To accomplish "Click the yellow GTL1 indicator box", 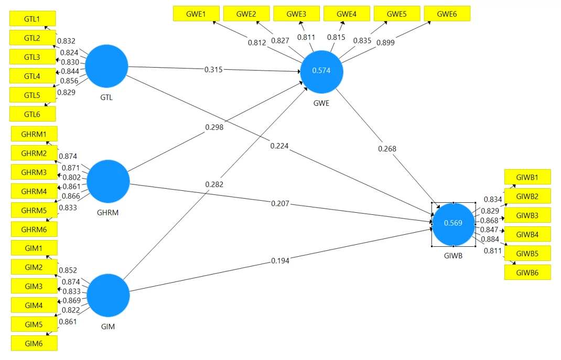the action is tap(33, 18).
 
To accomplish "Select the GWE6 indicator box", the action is tap(447, 14).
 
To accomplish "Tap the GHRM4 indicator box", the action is tap(34, 191).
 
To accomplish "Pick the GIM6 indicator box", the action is tap(34, 344).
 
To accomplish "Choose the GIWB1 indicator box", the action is tap(527, 177).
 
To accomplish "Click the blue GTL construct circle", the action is tap(106, 66).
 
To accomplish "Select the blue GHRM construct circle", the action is tap(108, 181).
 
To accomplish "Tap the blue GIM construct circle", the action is tap(108, 296).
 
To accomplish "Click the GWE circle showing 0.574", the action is tap(321, 72).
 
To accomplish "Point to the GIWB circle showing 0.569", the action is tap(454, 224).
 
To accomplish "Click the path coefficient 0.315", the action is tap(213, 70).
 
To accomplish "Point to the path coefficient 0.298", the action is tap(214, 127).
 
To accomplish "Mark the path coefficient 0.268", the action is tap(387, 149).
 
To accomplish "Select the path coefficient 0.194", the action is tap(280, 261).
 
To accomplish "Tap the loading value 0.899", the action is tap(385, 42).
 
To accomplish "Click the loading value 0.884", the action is tap(490, 239).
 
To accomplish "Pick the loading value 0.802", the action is tap(71, 177).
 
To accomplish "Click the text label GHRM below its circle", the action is tap(107, 213).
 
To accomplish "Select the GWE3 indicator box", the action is tap(297, 14).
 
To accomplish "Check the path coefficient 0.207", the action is tap(280, 204).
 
